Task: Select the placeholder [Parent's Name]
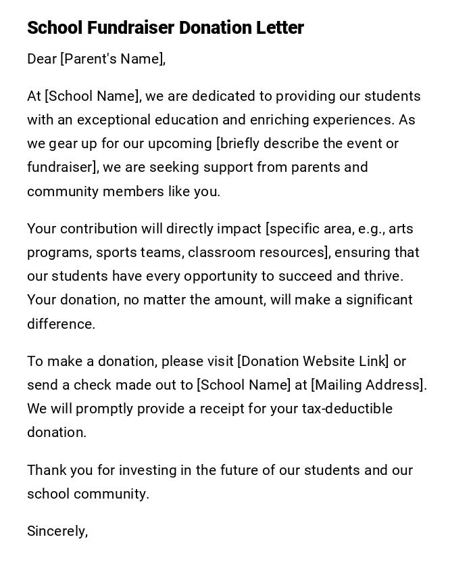(112, 60)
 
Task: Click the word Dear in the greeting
(42, 60)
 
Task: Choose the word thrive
(383, 276)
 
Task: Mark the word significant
(379, 300)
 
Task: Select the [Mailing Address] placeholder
(368, 385)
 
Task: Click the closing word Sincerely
(56, 532)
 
